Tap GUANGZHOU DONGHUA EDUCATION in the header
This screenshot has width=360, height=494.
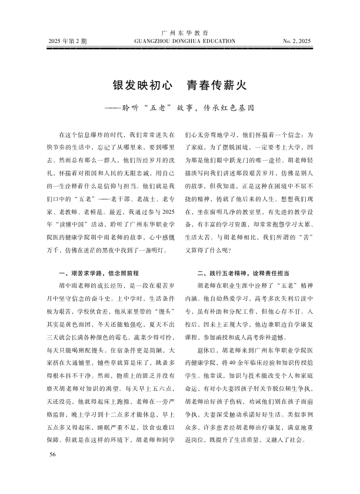coord(179,42)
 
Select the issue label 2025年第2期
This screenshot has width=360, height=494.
coord(68,42)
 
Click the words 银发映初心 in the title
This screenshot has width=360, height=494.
coord(139,85)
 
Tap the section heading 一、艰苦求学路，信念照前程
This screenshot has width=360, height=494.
coord(99,273)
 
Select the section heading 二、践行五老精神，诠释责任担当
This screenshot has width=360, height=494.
coord(238,273)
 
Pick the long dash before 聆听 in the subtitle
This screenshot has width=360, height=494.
coord(112,109)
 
